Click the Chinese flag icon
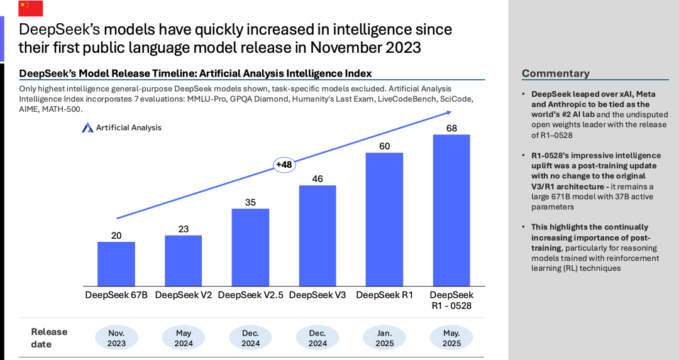pyautogui.click(x=31, y=8)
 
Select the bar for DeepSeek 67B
pyautogui.click(x=116, y=263)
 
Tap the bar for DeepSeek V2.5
pyautogui.click(x=250, y=246)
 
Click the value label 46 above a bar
pyautogui.click(x=317, y=179)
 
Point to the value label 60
pyautogui.click(x=384, y=146)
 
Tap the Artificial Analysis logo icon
pyautogui.click(x=87, y=128)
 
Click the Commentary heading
pyautogui.click(x=555, y=74)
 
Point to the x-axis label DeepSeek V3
pyautogui.click(x=317, y=295)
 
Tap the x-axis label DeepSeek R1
pyautogui.click(x=384, y=295)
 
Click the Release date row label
pyautogui.click(x=49, y=338)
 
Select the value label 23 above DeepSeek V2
pyautogui.click(x=184, y=229)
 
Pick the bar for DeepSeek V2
pyautogui.click(x=184, y=260)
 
